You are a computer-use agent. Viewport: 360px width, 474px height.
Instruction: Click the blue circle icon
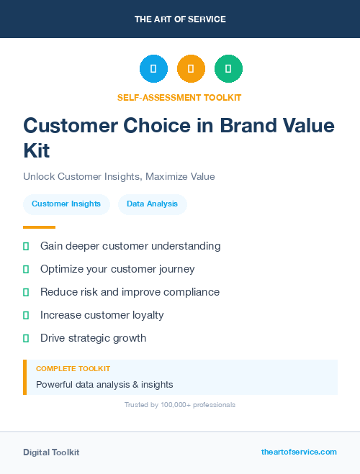[x=153, y=68]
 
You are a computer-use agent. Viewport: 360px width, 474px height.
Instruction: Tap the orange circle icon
[x=191, y=68]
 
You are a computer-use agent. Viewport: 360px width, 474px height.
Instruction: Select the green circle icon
[x=228, y=68]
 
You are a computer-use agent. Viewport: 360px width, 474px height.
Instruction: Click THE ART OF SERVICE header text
[x=180, y=19]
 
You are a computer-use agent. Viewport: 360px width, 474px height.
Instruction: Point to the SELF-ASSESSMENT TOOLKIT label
[x=179, y=97]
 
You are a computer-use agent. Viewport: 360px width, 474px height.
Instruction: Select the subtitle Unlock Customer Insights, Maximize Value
[x=119, y=176]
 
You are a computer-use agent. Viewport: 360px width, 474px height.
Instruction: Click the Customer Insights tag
[x=66, y=204]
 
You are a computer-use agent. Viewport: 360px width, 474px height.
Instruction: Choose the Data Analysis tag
[x=152, y=204]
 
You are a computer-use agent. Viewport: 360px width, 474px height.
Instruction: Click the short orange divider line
[x=39, y=227]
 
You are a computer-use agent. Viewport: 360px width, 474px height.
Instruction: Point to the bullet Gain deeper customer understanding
[x=130, y=246]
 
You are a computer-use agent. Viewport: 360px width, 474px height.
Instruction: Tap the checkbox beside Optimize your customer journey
[x=26, y=269]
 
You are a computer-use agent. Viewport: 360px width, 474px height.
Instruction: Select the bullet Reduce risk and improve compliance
[x=130, y=292]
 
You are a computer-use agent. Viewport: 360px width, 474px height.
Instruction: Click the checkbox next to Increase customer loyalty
[x=26, y=315]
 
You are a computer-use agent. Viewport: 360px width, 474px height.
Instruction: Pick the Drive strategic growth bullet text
[x=93, y=338]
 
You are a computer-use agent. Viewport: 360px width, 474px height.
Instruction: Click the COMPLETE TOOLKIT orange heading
[x=73, y=369]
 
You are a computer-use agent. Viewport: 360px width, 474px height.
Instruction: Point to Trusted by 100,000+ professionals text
[x=180, y=405]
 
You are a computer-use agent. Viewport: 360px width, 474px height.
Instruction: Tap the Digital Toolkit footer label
[x=51, y=452]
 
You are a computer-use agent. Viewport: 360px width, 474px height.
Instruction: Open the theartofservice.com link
[x=299, y=452]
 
